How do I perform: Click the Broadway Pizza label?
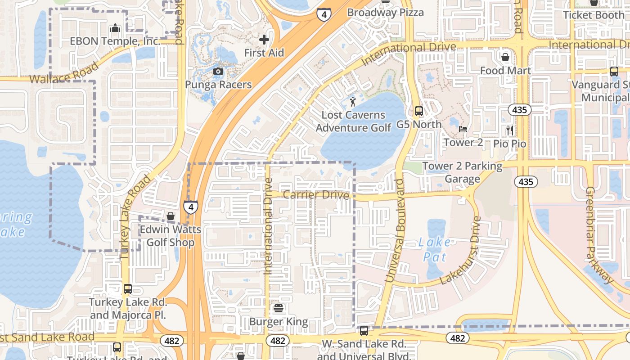coord(385,13)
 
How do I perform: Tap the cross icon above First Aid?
coord(264,40)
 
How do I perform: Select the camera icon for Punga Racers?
coord(218,71)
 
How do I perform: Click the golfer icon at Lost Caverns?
coord(353,101)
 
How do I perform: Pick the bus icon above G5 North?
coord(419,111)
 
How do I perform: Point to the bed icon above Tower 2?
coord(463,129)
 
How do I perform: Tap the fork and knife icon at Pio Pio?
coord(510,130)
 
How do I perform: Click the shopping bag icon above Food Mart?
coord(505,57)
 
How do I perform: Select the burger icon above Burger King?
coord(279,308)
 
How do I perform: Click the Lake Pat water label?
coord(434,250)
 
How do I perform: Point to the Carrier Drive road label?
coord(316,195)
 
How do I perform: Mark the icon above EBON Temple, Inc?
coord(115,28)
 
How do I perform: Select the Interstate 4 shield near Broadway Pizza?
coord(324,14)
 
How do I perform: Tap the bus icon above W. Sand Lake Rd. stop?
coord(364,331)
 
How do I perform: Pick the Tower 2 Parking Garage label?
coord(462,172)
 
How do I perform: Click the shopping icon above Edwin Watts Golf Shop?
coord(171,216)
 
